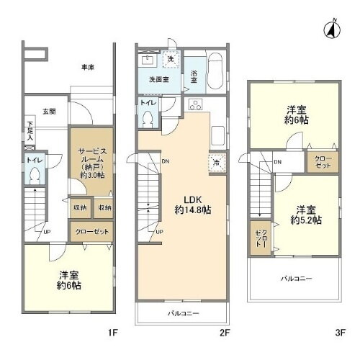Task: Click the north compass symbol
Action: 332,30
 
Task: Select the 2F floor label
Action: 224,333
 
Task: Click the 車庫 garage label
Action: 88,67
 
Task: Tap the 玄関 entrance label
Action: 48,112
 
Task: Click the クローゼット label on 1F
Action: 92,232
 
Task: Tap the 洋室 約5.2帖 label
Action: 307,215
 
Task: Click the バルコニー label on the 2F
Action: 184,313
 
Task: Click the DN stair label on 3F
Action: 278,162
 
